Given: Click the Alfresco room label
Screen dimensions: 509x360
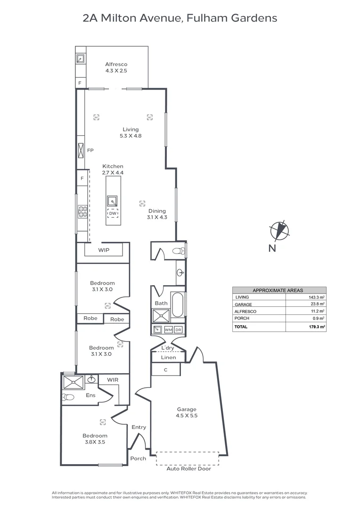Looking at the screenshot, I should click(x=116, y=64).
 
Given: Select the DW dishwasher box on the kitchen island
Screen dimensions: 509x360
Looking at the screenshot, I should click(x=113, y=213).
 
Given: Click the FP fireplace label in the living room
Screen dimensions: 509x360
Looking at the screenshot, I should click(x=90, y=150).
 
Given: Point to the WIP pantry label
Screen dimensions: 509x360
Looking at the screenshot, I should click(x=104, y=250).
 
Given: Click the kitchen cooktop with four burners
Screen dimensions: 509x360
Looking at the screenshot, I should click(x=82, y=212).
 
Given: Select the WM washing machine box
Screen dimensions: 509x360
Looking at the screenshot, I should click(x=168, y=330).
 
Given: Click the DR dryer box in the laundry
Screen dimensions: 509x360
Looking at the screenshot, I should click(x=178, y=330).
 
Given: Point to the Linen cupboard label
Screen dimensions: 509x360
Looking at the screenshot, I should click(x=168, y=358).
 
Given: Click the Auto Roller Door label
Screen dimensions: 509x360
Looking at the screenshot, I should click(x=189, y=469).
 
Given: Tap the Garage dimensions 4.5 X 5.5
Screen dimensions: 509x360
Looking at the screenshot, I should click(x=187, y=416).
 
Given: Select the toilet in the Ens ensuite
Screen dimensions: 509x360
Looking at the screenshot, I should click(x=69, y=397).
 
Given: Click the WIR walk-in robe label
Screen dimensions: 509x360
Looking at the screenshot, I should click(x=113, y=379).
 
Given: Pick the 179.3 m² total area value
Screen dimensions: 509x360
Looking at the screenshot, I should click(x=314, y=327).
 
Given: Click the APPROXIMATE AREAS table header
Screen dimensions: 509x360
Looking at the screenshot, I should click(x=279, y=290).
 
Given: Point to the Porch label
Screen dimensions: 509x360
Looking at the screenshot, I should click(x=138, y=458).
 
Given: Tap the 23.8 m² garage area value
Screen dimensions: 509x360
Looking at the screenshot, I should click(x=316, y=304).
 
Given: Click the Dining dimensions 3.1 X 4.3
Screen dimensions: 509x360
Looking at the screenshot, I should click(x=157, y=217).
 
